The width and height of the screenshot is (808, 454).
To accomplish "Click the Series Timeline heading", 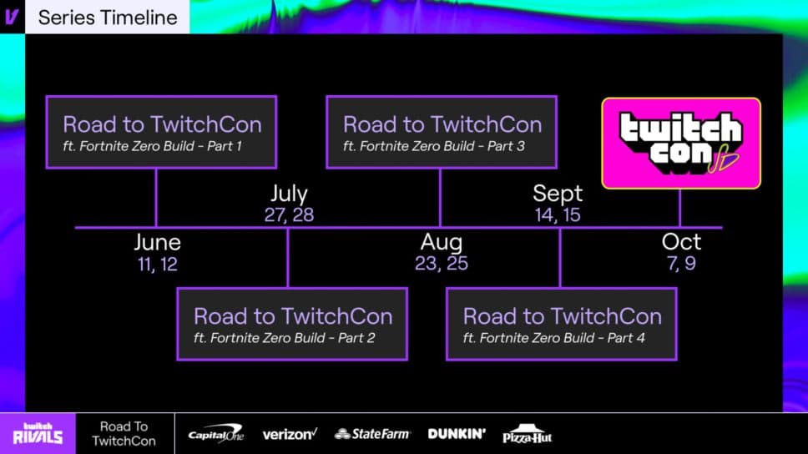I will pyautogui.click(x=108, y=17).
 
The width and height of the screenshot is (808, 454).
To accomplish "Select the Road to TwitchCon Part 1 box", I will pyautogui.click(x=162, y=133).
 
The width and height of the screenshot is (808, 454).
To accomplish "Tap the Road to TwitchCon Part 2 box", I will pyautogui.click(x=292, y=324).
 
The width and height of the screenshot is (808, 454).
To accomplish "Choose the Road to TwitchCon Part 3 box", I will pyautogui.click(x=442, y=133).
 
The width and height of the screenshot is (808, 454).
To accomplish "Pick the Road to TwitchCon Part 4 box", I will pyautogui.click(x=562, y=324).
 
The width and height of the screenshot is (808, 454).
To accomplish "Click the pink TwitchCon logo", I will pyautogui.click(x=681, y=144).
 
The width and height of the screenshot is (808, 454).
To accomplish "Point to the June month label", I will pyautogui.click(x=157, y=243).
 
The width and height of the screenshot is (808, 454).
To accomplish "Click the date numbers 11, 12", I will pyautogui.click(x=157, y=265).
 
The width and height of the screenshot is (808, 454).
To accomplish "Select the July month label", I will pyautogui.click(x=289, y=194).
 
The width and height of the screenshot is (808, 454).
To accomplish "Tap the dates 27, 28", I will pyautogui.click(x=289, y=215).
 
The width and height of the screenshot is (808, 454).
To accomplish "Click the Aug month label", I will pyautogui.click(x=442, y=243).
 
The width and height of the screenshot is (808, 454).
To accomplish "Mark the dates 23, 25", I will pyautogui.click(x=442, y=265).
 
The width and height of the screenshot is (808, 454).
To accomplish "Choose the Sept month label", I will pyautogui.click(x=558, y=194).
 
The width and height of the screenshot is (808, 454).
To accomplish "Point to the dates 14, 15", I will pyautogui.click(x=558, y=215).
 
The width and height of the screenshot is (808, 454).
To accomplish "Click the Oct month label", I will pyautogui.click(x=681, y=243).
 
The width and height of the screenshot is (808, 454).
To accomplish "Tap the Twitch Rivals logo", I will pyautogui.click(x=38, y=433).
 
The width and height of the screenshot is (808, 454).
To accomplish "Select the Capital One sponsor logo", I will pyautogui.click(x=215, y=434).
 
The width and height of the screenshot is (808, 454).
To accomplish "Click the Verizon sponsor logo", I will pyautogui.click(x=290, y=434).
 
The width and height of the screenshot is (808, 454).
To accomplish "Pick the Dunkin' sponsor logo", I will pyautogui.click(x=457, y=434).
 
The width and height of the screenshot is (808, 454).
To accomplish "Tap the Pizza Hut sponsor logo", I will pyautogui.click(x=528, y=434).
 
